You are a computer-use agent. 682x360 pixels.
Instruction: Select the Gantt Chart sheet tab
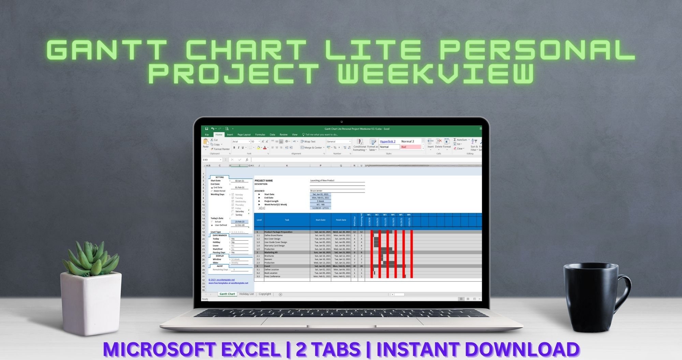[x=227, y=294]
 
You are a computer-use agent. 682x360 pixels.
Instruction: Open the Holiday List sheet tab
[x=246, y=294]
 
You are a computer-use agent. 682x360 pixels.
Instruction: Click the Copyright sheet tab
[x=265, y=294]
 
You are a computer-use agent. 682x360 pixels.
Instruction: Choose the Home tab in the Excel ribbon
[x=219, y=135]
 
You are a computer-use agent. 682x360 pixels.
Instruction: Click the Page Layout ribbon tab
[x=244, y=135]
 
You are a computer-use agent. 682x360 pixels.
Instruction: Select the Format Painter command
[x=221, y=149]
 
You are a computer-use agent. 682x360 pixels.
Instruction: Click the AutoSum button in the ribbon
[x=461, y=140]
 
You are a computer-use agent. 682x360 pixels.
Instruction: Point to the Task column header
[x=287, y=220]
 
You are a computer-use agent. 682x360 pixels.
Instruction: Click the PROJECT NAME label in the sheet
[x=264, y=181]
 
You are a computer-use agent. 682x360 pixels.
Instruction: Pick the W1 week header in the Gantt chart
[x=369, y=215]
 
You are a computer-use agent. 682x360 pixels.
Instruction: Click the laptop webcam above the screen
[x=341, y=122]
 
